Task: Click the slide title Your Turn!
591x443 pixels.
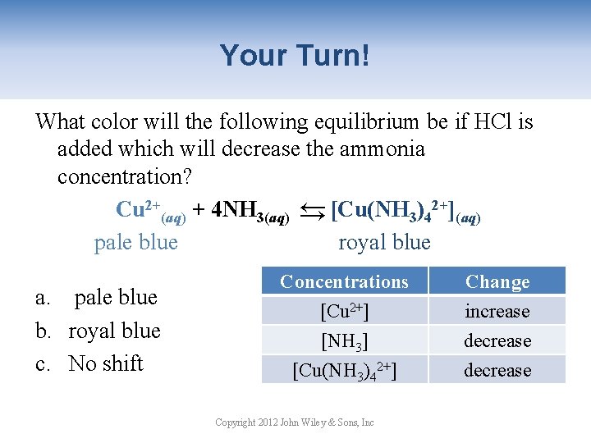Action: point(295,56)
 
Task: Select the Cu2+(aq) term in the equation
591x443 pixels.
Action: point(151,210)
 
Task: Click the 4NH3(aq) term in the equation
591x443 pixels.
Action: point(249,210)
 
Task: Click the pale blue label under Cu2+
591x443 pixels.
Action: point(136,242)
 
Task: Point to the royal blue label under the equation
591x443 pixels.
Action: point(384,242)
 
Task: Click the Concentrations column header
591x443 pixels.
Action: point(344,281)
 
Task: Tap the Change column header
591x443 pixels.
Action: point(497,281)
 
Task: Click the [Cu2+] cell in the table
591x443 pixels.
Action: point(344,312)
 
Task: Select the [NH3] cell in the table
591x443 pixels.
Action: point(344,341)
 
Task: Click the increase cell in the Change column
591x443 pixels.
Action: point(497,312)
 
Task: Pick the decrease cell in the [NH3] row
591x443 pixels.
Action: point(497,341)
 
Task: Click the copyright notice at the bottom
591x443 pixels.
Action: point(294,422)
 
